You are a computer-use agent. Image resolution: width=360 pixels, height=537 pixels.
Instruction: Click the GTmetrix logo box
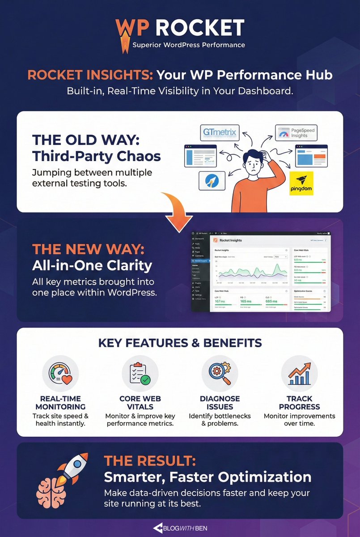pos(220,133)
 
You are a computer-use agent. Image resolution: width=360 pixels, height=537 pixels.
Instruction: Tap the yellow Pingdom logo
pos(301,183)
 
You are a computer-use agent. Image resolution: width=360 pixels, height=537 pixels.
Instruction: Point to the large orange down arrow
pos(178,210)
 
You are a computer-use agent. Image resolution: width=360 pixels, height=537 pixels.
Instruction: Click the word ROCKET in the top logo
pos(200,28)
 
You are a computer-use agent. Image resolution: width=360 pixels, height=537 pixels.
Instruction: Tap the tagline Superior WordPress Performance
pos(189,45)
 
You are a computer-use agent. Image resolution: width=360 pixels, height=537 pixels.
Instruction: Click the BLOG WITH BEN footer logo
pos(180,528)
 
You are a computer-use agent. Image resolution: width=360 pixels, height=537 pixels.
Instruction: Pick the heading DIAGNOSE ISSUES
pos(220,403)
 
